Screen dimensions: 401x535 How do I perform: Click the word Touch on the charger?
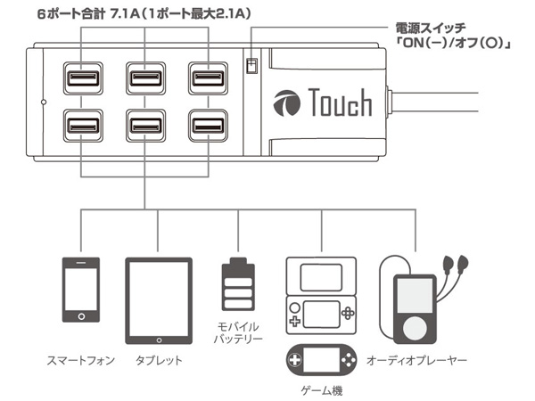coord(342,104)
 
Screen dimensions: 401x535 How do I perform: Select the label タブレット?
coord(159,361)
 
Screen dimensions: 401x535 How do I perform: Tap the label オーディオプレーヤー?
coord(417,361)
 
